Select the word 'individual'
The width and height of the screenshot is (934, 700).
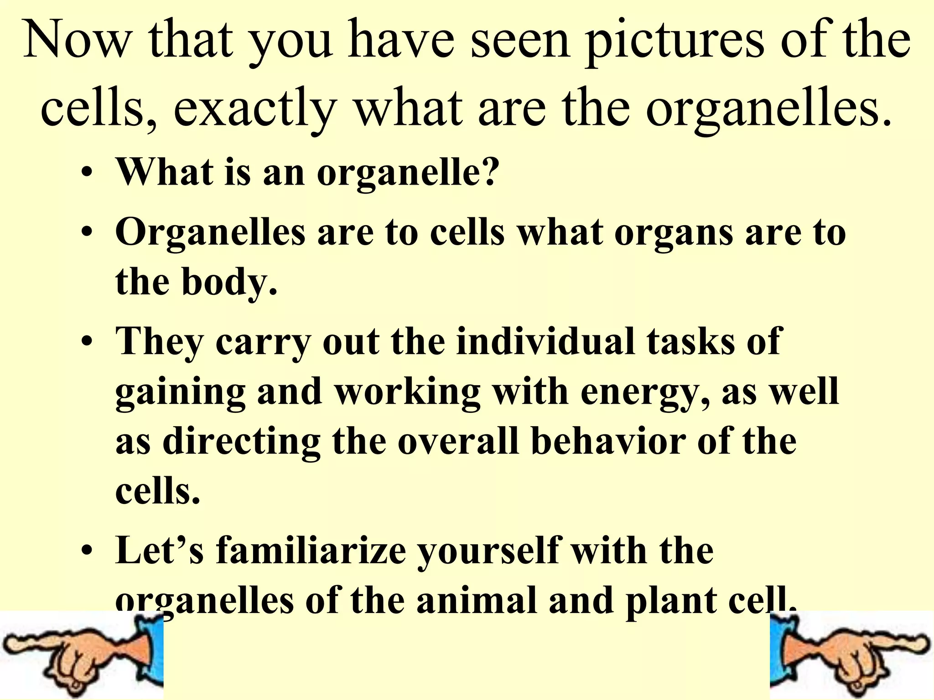[x=545, y=341]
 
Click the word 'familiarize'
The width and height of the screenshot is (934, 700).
[x=311, y=551]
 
